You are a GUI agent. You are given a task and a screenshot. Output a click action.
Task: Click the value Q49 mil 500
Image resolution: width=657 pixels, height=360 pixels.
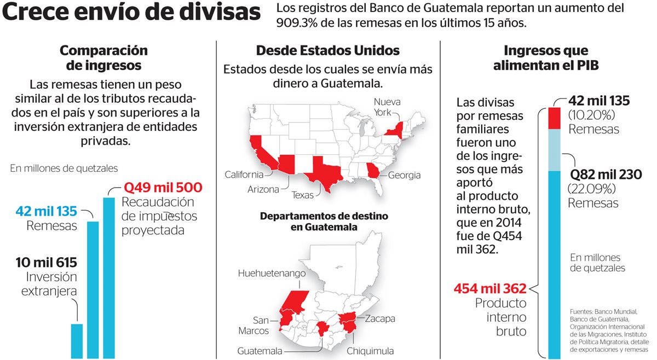[163, 187]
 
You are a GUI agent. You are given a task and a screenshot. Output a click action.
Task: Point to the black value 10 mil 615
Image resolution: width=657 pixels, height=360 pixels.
[47, 262]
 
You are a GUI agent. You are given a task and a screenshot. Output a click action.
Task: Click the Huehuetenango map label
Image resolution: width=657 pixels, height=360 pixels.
[272, 273]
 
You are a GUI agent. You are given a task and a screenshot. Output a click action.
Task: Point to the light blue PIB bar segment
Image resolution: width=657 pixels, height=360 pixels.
[554, 149]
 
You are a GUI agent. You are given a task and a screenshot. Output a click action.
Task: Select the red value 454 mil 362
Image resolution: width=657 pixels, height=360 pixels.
[490, 288]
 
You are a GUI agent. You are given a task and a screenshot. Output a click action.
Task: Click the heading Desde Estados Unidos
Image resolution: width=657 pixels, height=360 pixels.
[328, 51]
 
